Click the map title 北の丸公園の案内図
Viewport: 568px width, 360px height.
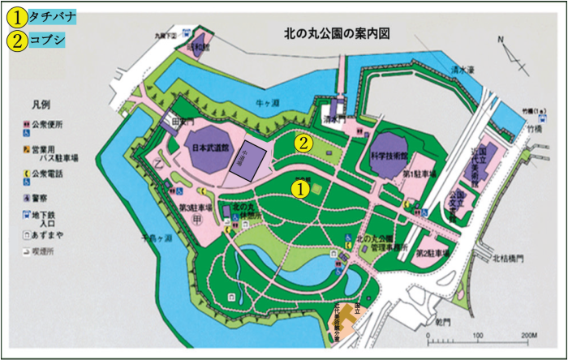(x=338, y=35)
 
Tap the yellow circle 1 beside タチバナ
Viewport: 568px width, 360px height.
(x=15, y=15)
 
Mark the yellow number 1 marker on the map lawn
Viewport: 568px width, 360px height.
(x=299, y=188)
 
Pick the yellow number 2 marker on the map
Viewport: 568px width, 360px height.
(x=303, y=143)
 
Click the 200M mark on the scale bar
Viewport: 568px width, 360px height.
(x=531, y=335)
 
